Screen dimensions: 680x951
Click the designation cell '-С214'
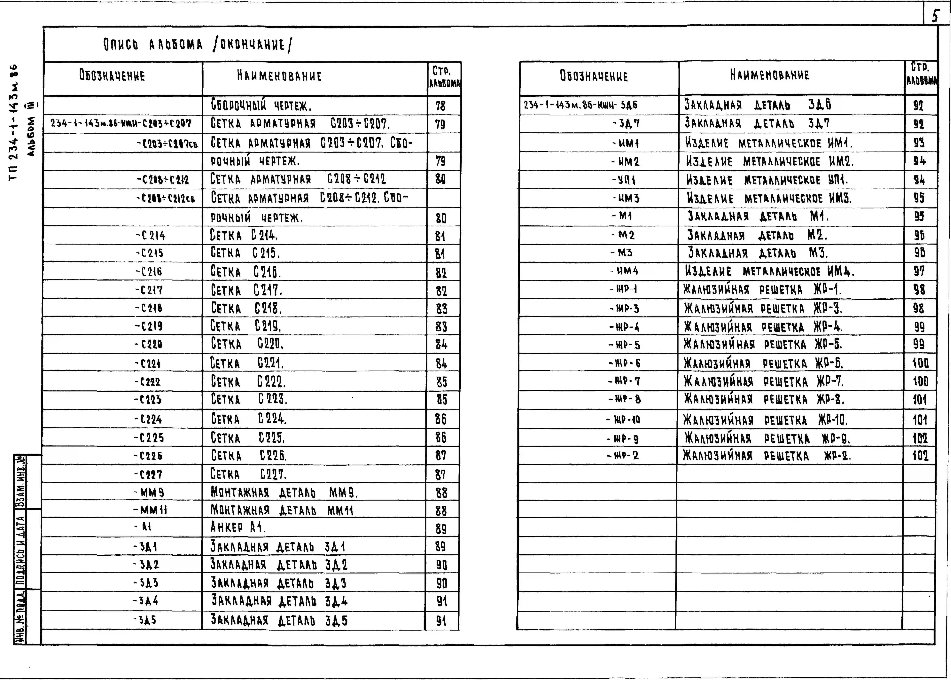point(151,236)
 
